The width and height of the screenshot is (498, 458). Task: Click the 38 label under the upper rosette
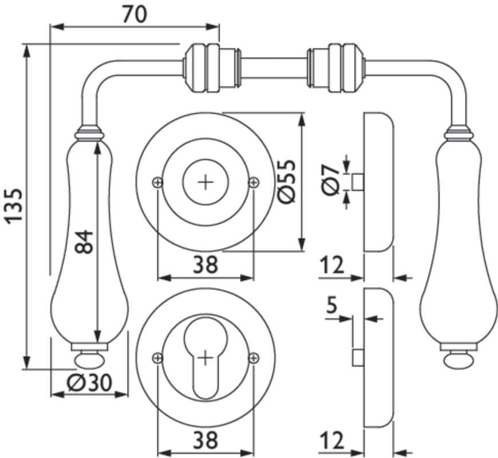(x=204, y=264)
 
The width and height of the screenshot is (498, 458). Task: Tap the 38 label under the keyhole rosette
(x=204, y=440)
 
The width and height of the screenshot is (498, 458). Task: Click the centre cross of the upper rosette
(x=205, y=182)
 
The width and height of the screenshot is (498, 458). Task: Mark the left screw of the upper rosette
(x=157, y=182)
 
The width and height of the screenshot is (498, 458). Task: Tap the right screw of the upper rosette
(x=253, y=182)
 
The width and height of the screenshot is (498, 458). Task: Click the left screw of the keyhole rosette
(x=157, y=358)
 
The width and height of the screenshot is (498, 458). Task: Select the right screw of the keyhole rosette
(x=253, y=358)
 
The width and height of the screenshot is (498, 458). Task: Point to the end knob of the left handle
(x=89, y=361)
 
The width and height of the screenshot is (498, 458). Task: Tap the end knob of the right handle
(x=457, y=360)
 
